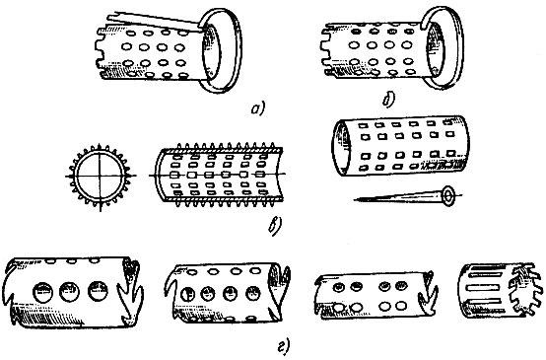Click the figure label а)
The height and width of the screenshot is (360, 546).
[x=257, y=108]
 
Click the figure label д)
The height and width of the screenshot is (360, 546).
[x=388, y=100]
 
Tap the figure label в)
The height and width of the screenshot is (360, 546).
[x=275, y=226]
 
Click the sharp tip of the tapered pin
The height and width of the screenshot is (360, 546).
[x=354, y=199]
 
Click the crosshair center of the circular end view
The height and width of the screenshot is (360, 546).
[x=101, y=176]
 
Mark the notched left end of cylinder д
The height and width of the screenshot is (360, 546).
[x=326, y=50]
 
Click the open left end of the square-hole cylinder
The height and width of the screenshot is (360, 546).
[x=340, y=147]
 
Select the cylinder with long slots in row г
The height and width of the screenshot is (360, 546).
[x=501, y=291]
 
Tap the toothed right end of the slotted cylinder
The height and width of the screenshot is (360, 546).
[x=525, y=291]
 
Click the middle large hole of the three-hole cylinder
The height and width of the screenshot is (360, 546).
[x=69, y=292]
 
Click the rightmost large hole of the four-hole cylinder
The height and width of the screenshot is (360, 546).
[x=253, y=294]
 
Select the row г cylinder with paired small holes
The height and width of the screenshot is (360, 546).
[x=375, y=296]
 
